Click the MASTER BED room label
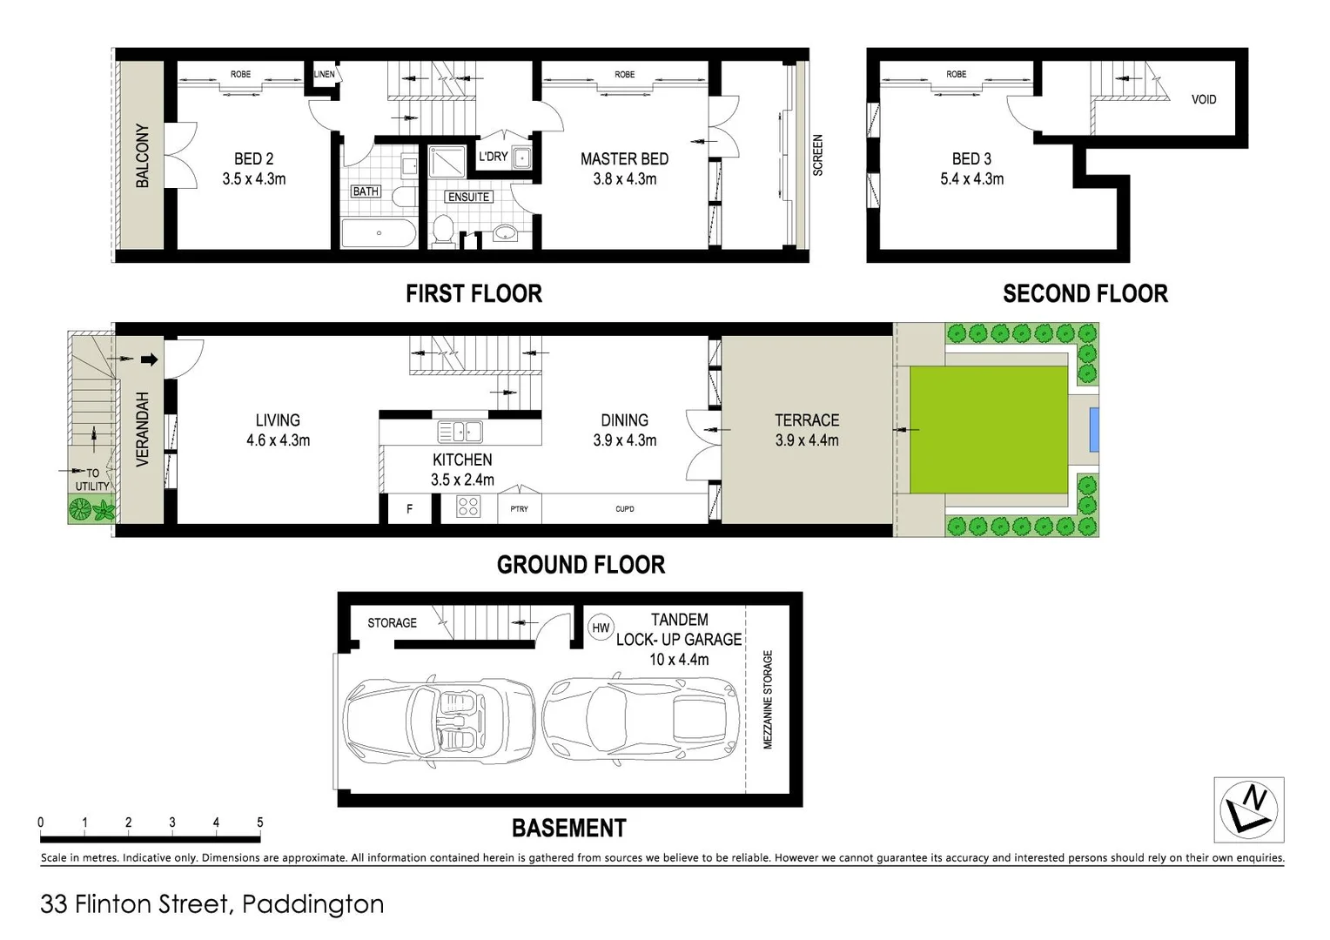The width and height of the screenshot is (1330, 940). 624,159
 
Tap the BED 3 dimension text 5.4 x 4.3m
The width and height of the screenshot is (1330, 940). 971,179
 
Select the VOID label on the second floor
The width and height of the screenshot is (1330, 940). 1203,99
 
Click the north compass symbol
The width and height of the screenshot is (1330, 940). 1248,809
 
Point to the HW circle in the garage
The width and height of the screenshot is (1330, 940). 601,628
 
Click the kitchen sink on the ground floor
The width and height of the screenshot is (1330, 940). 460,431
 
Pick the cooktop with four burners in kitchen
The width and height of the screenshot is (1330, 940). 468,506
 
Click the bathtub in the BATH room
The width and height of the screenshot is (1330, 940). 379,233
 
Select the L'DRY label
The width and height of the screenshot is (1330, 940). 493,157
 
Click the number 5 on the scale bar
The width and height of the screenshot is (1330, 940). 259,822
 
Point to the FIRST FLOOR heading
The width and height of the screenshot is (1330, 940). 474,294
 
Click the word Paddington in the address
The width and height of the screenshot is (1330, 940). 312,904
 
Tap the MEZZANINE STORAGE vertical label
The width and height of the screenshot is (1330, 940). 768,699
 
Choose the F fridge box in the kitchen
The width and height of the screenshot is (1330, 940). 409,509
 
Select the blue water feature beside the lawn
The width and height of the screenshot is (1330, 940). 1094,429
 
